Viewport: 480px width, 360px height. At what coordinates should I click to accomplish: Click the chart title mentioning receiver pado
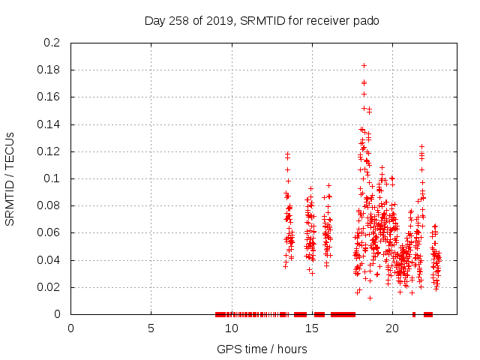(x=262, y=21)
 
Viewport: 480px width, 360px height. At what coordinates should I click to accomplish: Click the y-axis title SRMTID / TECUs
(x=10, y=178)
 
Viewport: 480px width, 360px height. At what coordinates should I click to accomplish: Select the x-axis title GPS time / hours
(x=262, y=349)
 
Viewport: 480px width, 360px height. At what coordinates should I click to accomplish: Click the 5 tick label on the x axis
(x=151, y=328)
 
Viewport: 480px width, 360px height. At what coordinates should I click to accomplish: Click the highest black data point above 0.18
(x=364, y=65)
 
